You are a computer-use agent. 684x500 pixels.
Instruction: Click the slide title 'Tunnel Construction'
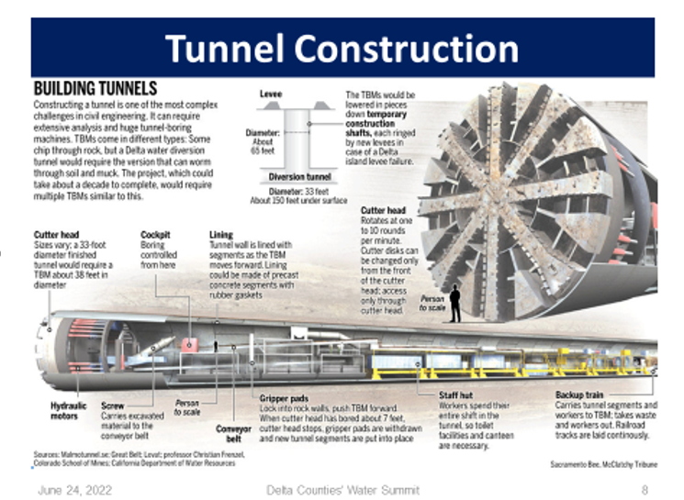pos(342,48)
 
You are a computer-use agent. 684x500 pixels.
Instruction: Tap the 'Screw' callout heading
pos(112,405)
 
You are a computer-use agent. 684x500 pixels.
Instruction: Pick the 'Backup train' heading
pos(580,394)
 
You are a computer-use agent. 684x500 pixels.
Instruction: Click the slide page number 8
pos(645,490)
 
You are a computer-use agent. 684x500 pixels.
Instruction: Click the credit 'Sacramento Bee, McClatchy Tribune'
pos(604,465)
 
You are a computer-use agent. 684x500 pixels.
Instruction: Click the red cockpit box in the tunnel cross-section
pos(189,344)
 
